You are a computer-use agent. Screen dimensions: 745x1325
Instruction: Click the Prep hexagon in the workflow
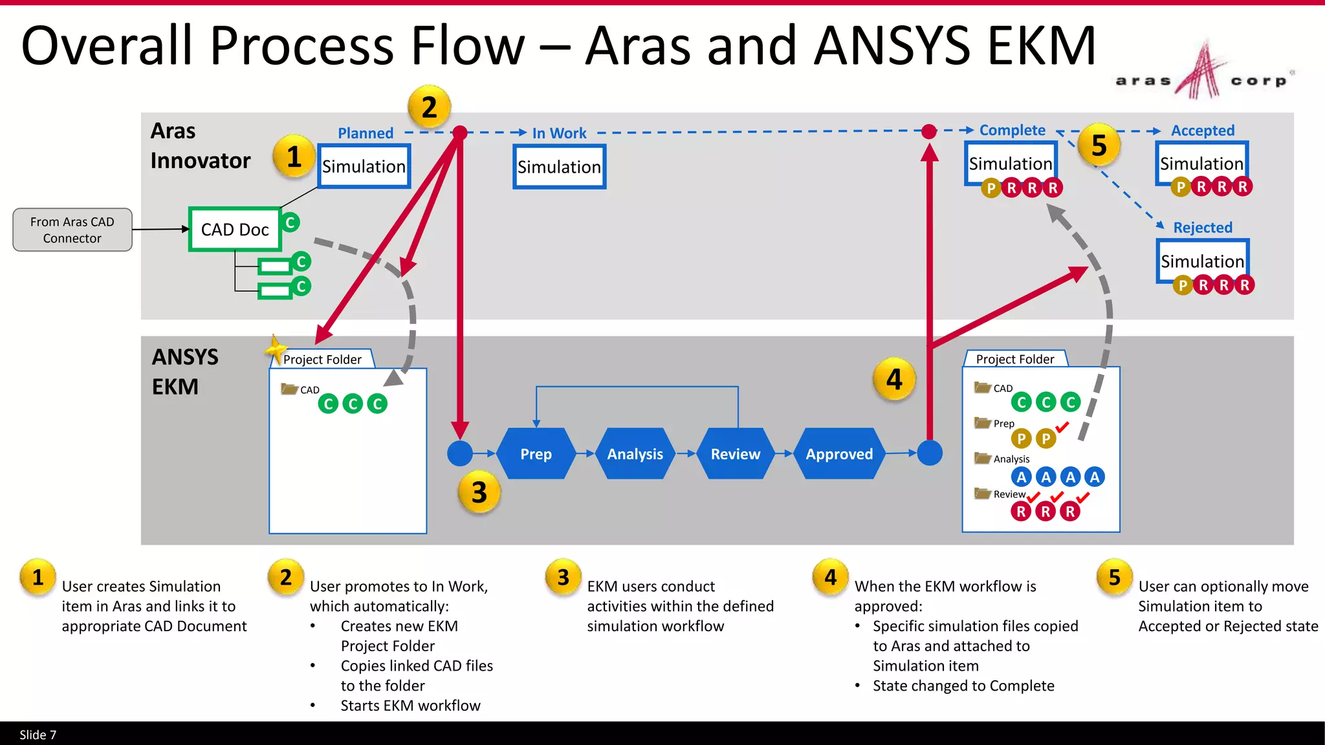tap(536, 454)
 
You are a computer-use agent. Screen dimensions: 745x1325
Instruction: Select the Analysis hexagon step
tap(635, 454)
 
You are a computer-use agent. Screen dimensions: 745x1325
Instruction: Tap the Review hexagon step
tap(735, 454)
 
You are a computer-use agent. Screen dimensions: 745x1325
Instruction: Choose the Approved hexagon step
tap(838, 454)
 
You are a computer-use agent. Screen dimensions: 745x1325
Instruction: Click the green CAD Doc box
tap(235, 230)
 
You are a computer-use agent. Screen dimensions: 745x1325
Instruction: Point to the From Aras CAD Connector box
tap(72, 230)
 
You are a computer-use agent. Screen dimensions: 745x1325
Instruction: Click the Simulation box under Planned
tap(364, 166)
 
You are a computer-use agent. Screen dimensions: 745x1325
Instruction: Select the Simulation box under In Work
tap(559, 167)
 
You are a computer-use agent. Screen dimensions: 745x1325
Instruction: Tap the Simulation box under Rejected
tap(1202, 261)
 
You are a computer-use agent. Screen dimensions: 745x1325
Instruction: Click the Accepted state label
tap(1202, 131)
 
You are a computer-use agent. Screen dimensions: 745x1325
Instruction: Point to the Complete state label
tap(1012, 130)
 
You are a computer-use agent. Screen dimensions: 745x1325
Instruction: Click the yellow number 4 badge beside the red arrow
tap(894, 380)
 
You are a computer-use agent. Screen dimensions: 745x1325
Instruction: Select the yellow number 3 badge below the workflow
tap(479, 493)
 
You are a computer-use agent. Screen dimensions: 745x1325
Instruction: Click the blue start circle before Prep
tap(460, 453)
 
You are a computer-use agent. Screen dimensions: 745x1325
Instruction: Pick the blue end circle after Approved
tap(930, 453)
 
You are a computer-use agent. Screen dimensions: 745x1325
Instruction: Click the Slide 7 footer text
tap(38, 735)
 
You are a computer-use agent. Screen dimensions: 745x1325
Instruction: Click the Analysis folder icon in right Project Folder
tap(983, 458)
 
